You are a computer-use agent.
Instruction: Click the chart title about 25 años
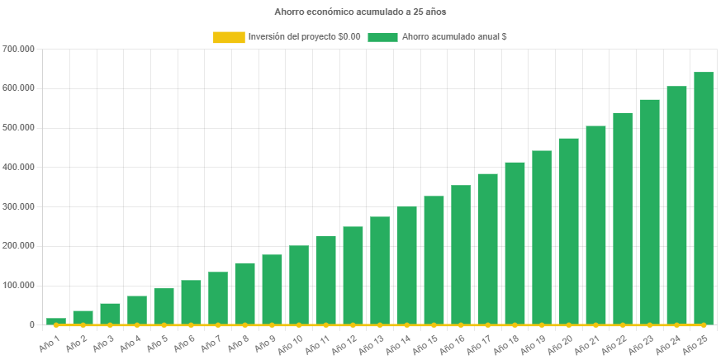point(359,12)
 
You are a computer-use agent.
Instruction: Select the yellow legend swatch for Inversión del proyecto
point(229,37)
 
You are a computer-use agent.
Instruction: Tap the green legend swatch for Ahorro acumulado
point(382,37)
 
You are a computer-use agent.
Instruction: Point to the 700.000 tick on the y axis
point(18,49)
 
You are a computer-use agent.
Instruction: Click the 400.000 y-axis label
point(18,167)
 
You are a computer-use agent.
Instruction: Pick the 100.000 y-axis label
point(18,285)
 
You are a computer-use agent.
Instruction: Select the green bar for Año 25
point(703,198)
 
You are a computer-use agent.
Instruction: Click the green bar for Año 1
point(56,321)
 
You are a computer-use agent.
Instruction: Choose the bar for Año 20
point(568,231)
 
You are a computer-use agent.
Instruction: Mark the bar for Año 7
point(218,298)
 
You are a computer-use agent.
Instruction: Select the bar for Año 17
point(487,249)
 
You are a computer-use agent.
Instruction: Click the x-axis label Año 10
point(292,341)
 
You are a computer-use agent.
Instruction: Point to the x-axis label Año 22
point(615,341)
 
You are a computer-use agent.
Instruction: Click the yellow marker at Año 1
point(56,325)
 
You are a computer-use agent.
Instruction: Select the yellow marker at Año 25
point(703,325)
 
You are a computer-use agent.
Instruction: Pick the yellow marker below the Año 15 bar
point(434,325)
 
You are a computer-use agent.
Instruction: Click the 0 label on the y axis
point(31,324)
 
